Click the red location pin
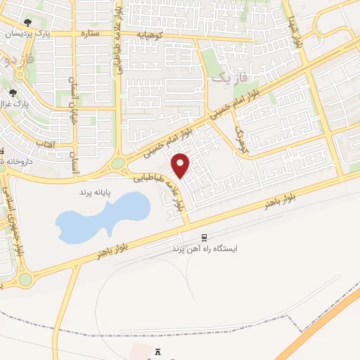(x=181, y=165)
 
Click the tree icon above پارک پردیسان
(x=27, y=22)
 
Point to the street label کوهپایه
(x=150, y=33)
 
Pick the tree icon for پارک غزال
(x=13, y=91)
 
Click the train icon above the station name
(x=204, y=238)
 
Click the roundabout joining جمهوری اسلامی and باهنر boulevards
(x=25, y=279)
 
